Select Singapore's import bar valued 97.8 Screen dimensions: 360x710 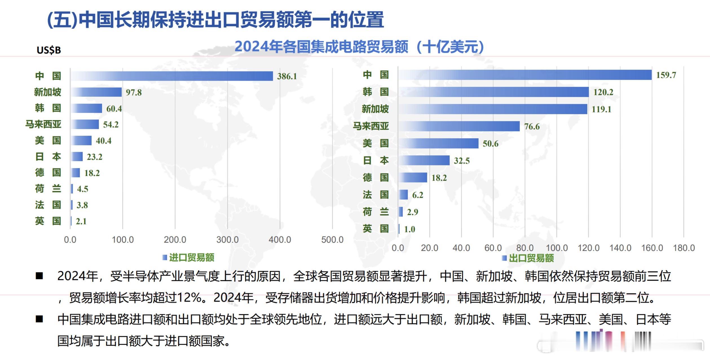click(96, 92)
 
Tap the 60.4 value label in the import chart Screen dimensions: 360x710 click(114, 109)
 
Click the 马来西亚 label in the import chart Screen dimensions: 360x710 click(43, 124)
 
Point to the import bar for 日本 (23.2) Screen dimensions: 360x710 click(77, 157)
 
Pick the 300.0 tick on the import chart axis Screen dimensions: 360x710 click(227, 240)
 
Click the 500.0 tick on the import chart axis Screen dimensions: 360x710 click(332, 240)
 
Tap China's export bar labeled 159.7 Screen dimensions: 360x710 click(525, 75)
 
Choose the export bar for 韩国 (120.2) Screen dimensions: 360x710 click(493, 92)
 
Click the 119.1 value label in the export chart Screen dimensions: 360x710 click(601, 109)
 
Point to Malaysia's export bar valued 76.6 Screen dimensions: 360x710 click(459, 126)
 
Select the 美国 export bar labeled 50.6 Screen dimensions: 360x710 click(438, 143)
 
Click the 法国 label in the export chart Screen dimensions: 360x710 click(376, 195)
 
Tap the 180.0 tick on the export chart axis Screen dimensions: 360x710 click(684, 248)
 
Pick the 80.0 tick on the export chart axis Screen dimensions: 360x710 click(525, 248)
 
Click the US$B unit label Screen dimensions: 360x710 click(49, 50)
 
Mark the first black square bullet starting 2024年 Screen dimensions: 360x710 click(39, 276)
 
